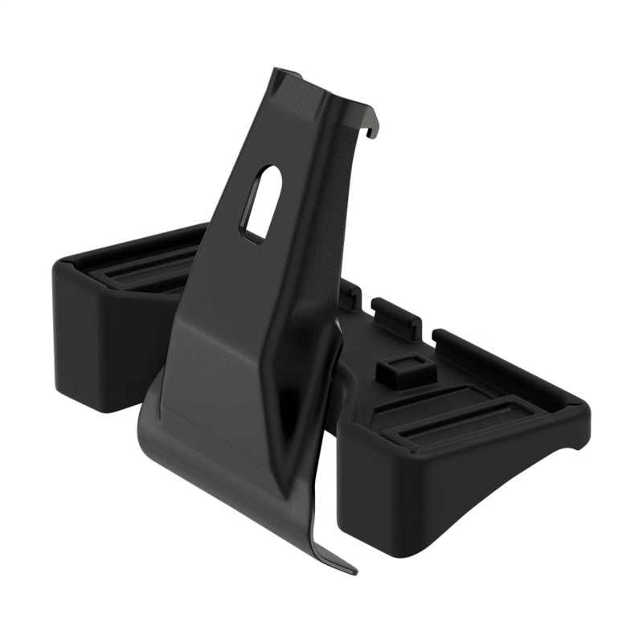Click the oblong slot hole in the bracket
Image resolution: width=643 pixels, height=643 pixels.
click(x=262, y=201)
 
